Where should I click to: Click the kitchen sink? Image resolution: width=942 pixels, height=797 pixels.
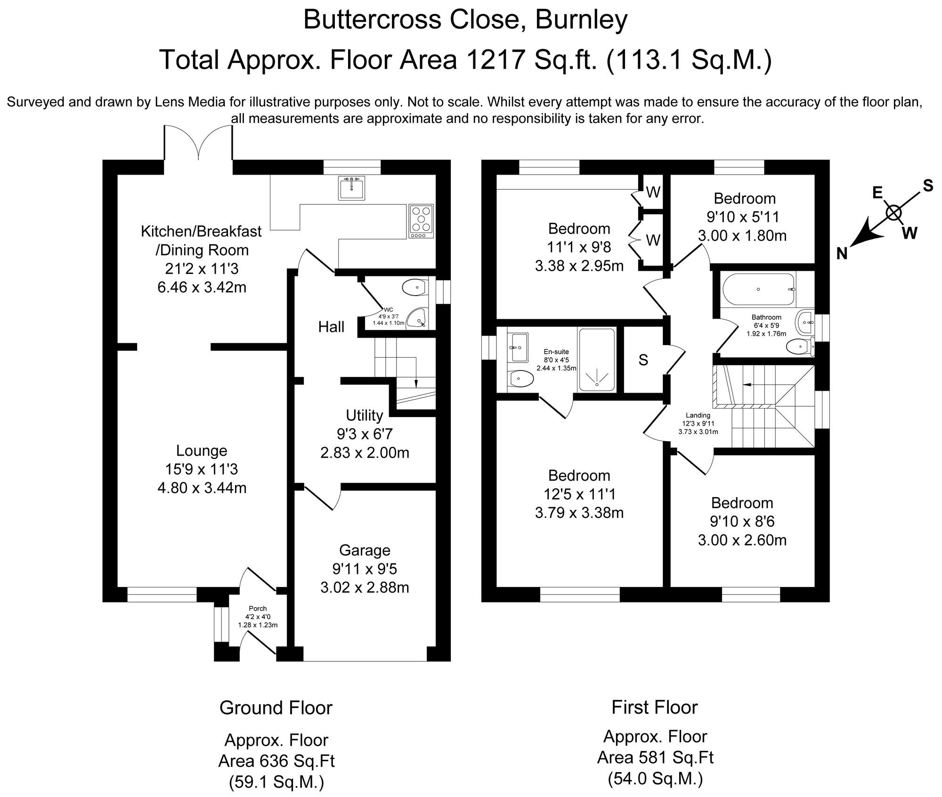pyautogui.click(x=351, y=188)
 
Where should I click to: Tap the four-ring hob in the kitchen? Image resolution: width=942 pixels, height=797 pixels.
pyautogui.click(x=421, y=221)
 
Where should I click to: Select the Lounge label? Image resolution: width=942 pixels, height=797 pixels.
pyautogui.click(x=202, y=451)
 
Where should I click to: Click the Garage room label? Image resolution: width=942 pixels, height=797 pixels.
pyautogui.click(x=365, y=550)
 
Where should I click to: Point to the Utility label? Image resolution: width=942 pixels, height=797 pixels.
pyautogui.click(x=365, y=415)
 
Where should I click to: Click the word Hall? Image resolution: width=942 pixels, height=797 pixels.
pyautogui.click(x=331, y=327)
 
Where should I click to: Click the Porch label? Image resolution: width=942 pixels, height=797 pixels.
pyautogui.click(x=258, y=609)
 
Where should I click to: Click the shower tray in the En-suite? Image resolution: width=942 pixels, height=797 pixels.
pyautogui.click(x=597, y=360)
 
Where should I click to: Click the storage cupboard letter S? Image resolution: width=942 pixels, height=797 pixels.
pyautogui.click(x=643, y=360)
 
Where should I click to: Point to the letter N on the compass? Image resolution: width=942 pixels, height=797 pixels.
pyautogui.click(x=842, y=254)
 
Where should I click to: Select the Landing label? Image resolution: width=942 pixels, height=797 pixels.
pyautogui.click(x=698, y=415)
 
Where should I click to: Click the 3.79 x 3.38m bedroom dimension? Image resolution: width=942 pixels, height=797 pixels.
pyautogui.click(x=579, y=512)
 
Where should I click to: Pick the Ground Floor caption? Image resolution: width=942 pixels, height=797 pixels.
pyautogui.click(x=276, y=708)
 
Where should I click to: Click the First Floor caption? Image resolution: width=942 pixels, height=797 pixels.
pyautogui.click(x=655, y=707)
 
